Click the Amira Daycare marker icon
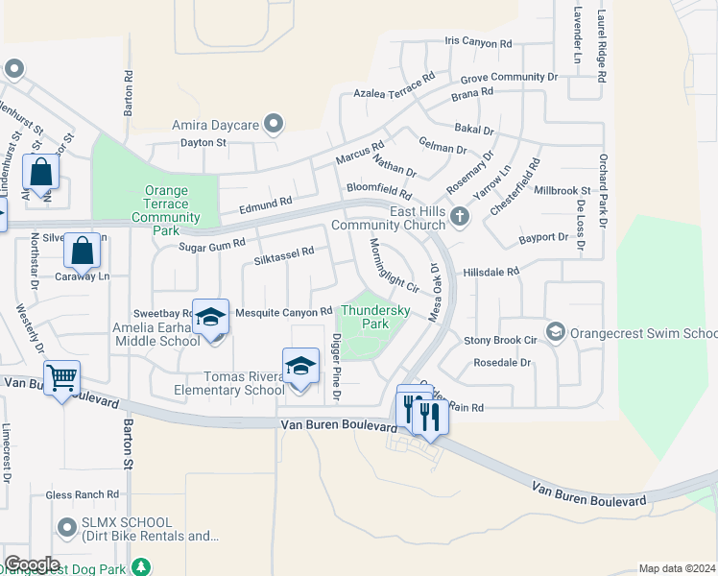(274, 124)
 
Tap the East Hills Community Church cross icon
(460, 216)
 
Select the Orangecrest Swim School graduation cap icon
(554, 332)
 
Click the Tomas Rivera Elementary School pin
(300, 369)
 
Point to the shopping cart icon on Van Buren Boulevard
(61, 378)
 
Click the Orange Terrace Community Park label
(166, 211)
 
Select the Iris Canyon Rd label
(479, 43)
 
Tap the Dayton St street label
(203, 142)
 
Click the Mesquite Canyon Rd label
(283, 311)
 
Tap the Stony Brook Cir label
(500, 340)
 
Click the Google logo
(32, 564)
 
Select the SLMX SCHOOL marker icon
(66, 527)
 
